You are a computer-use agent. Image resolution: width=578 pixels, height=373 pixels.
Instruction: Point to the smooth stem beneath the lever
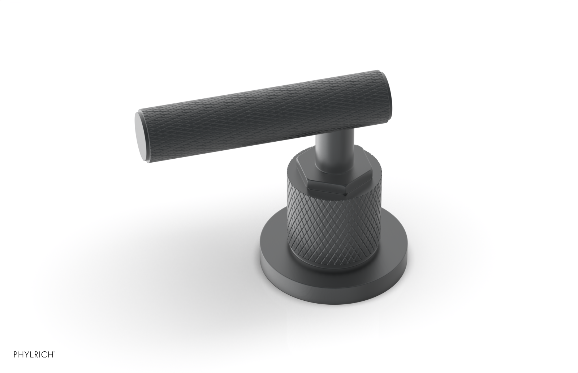click(x=326, y=152)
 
